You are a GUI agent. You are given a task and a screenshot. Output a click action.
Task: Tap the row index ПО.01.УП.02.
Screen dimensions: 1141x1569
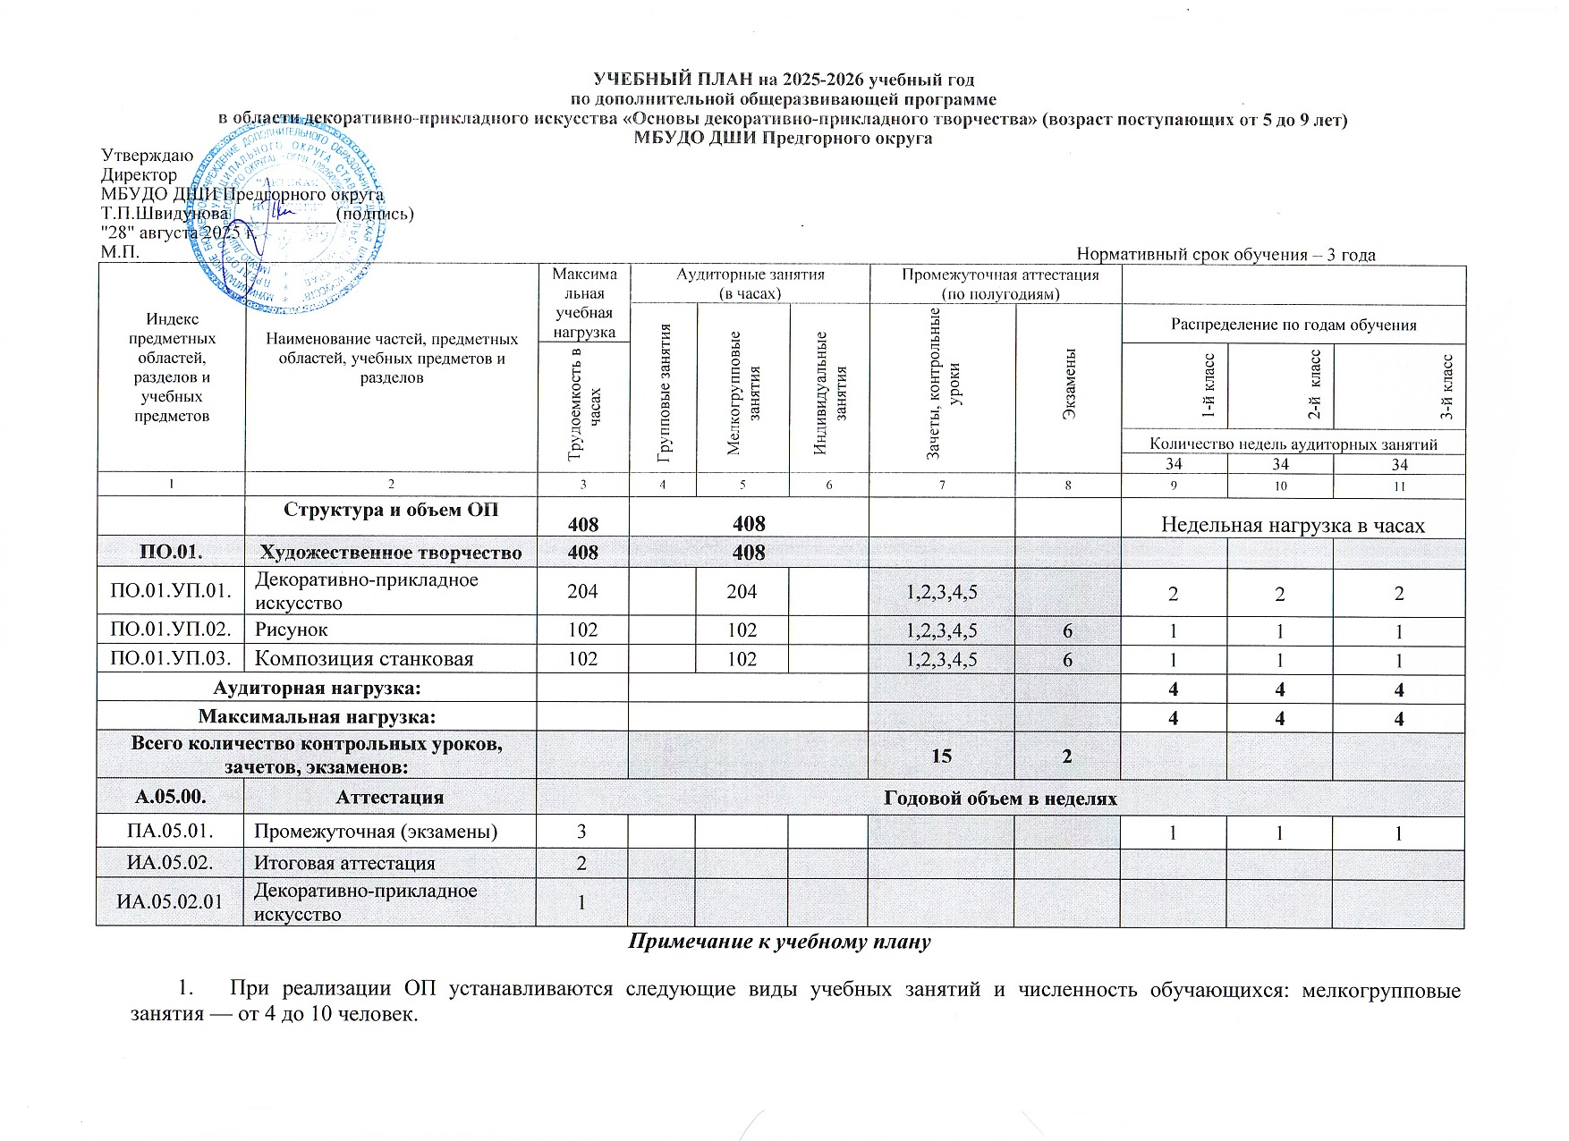pos(170,630)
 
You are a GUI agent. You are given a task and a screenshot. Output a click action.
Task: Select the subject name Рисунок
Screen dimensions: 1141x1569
pos(292,630)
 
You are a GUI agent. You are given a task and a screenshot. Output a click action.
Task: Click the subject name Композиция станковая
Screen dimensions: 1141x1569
pos(364,659)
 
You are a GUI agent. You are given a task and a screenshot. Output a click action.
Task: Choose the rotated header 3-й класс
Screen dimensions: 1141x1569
pos(1447,386)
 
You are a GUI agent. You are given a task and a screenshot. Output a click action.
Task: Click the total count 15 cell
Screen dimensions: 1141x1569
pos(941,756)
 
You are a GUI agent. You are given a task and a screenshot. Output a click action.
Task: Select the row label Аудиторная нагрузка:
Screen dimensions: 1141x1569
pos(317,689)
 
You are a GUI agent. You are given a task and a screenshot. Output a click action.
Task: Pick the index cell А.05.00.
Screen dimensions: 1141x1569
pos(170,797)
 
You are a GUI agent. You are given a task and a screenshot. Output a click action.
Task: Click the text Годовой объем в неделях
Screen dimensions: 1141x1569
pos(1000,798)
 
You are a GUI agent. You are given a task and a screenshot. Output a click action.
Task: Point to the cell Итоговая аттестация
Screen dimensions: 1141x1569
pos(345,863)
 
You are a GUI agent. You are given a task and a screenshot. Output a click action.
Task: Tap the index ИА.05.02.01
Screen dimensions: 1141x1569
pos(170,901)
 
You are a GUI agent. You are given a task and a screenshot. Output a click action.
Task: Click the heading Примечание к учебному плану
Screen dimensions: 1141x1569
pos(780,942)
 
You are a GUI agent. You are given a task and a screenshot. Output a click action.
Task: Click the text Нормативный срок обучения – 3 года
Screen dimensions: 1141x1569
pos(1226,255)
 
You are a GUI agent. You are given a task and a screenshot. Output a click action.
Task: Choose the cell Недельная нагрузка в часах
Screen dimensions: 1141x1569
pos(1292,525)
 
